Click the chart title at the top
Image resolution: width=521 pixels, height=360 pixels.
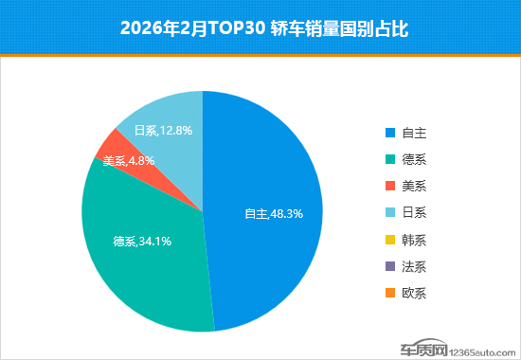pyautogui.click(x=264, y=28)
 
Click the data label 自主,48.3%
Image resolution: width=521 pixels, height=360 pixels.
pyautogui.click(x=274, y=214)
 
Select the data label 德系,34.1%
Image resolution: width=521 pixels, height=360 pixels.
pyautogui.click(x=142, y=241)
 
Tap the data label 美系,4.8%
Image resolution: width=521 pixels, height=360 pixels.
pyautogui.click(x=129, y=161)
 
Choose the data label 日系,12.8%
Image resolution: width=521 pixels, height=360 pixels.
pyautogui.click(x=163, y=131)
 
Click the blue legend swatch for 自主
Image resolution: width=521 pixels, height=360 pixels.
pyautogui.click(x=390, y=133)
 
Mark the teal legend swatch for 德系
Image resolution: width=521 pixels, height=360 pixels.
pyautogui.click(x=390, y=159)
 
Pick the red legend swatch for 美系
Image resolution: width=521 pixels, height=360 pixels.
pyautogui.click(x=390, y=186)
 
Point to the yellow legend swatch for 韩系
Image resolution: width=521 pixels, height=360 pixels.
pyautogui.click(x=390, y=240)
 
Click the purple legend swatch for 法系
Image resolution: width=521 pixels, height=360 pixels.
pyautogui.click(x=390, y=266)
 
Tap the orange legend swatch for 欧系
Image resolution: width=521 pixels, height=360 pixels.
pyautogui.click(x=390, y=293)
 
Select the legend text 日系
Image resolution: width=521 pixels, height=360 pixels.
pyautogui.click(x=414, y=212)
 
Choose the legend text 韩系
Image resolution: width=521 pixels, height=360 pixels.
pyautogui.click(x=414, y=240)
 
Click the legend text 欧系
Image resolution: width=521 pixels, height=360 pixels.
pyautogui.click(x=414, y=293)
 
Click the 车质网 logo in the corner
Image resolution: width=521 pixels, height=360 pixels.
pyautogui.click(x=423, y=348)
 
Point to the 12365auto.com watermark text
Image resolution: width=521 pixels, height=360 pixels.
pyautogui.click(x=482, y=352)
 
